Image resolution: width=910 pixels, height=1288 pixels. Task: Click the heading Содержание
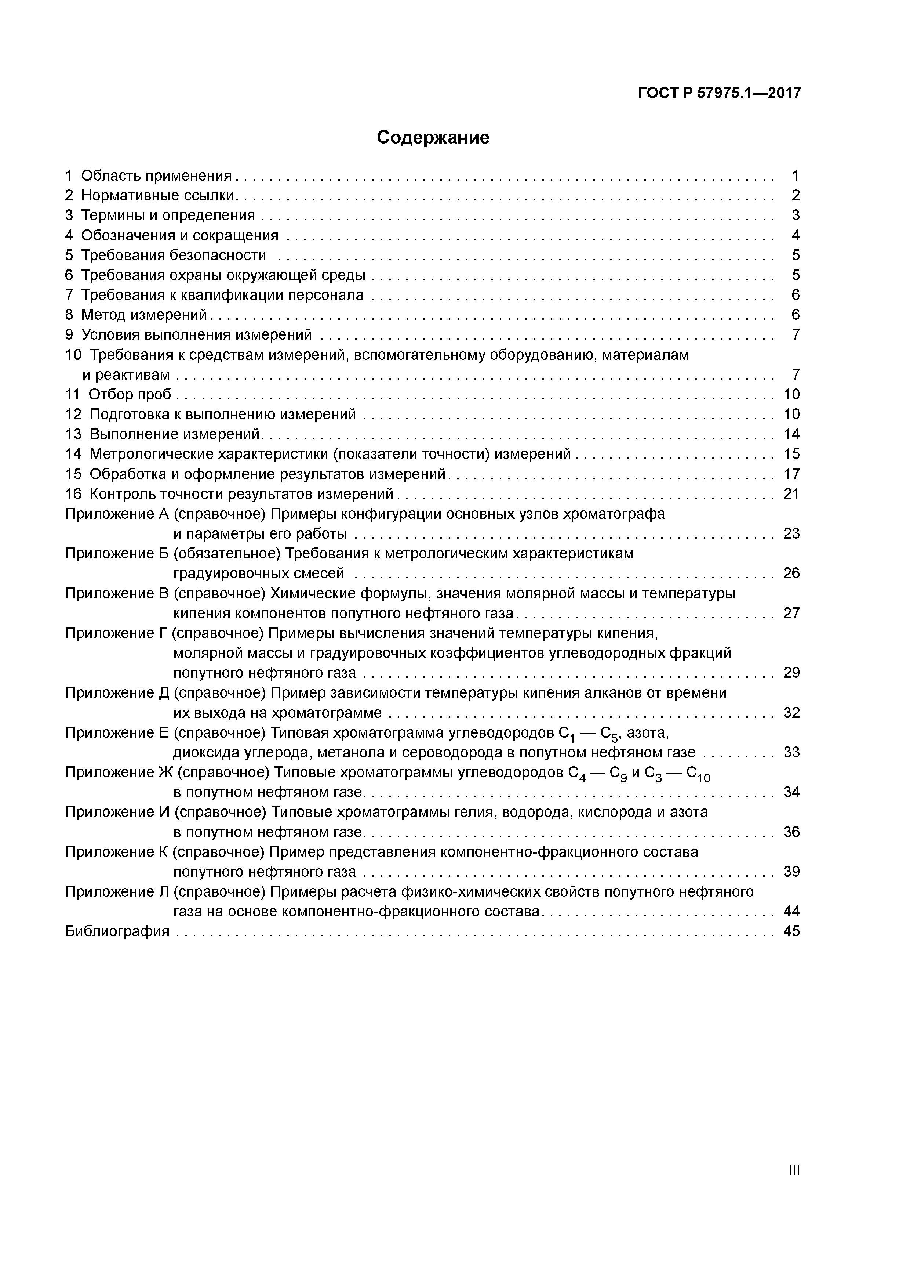pyautogui.click(x=433, y=137)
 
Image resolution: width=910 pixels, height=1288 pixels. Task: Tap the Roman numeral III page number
pyautogui.click(x=793, y=1170)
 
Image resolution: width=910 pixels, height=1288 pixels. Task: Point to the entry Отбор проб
pyautogui.click(x=130, y=394)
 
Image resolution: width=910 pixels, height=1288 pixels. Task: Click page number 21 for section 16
pyautogui.click(x=791, y=494)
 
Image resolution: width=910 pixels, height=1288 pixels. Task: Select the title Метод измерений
pyautogui.click(x=144, y=315)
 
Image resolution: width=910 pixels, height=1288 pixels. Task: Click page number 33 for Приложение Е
pyautogui.click(x=791, y=752)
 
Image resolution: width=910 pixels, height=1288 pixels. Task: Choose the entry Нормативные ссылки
pyautogui.click(x=158, y=195)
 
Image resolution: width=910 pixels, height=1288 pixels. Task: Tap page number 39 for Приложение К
pyautogui.click(x=791, y=872)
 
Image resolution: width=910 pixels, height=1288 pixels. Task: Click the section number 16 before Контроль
pyautogui.click(x=73, y=494)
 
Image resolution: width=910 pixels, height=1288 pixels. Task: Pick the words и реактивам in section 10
pyautogui.click(x=126, y=375)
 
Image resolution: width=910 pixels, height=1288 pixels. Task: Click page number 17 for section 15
pyautogui.click(x=791, y=474)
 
